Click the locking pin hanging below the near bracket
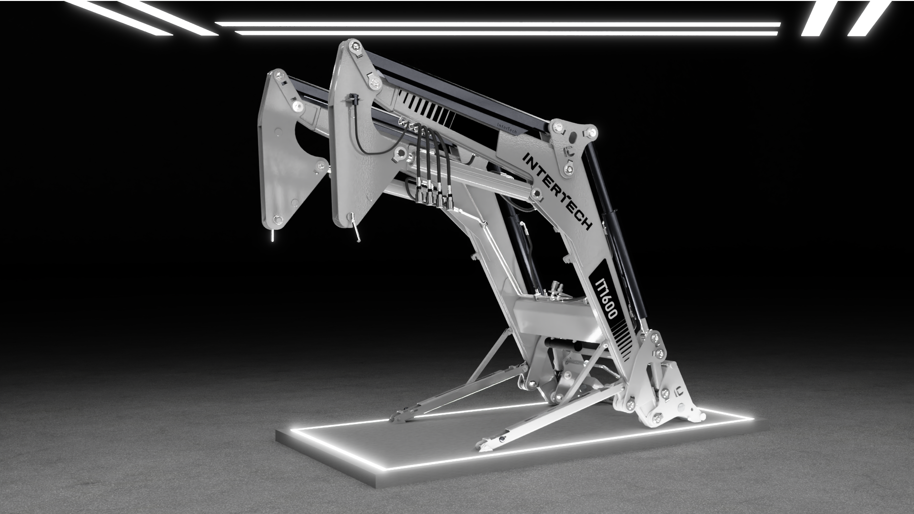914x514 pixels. pyautogui.click(x=356, y=230)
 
